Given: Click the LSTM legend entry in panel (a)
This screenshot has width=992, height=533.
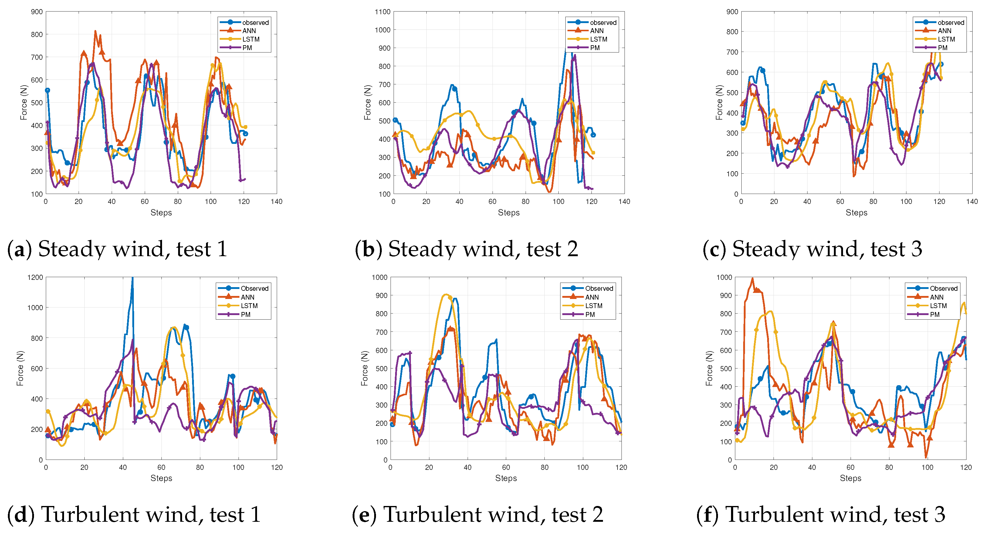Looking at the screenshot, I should (x=251, y=39).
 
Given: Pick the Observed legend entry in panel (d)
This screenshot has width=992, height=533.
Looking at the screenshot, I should (x=254, y=288).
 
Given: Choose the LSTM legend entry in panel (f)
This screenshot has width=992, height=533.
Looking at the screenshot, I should (x=938, y=306).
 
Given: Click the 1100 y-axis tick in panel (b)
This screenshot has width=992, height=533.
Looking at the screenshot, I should (x=382, y=12).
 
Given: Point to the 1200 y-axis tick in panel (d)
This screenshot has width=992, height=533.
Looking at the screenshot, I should (x=35, y=278).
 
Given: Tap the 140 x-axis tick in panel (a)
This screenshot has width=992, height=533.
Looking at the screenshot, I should (x=276, y=202).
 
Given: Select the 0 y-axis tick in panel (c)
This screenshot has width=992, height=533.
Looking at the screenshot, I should (x=736, y=194).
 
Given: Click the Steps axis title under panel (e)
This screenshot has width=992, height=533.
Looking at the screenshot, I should (x=506, y=478).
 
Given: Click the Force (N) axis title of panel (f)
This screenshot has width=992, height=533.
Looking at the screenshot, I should (x=709, y=368).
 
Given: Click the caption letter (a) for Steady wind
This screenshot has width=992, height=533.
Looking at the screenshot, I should (x=19, y=249).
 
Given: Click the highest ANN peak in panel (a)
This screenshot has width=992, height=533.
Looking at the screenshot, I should (x=96, y=31).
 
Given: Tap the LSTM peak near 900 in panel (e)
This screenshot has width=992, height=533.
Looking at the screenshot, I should (x=446, y=295).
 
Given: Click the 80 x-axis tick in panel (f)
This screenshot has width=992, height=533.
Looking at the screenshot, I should (x=889, y=467).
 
